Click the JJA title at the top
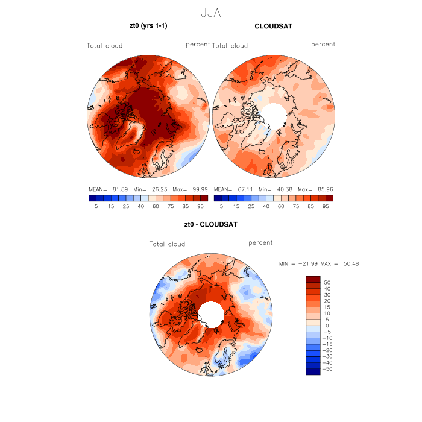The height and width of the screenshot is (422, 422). click(211, 11)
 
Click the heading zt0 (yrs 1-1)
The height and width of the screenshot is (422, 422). click(150, 26)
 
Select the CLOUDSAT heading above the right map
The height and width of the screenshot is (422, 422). click(274, 26)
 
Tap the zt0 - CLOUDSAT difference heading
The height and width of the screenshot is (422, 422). click(211, 224)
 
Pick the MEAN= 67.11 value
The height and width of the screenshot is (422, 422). click(232, 189)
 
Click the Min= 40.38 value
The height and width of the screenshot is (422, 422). click(271, 189)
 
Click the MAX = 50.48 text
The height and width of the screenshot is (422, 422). click(342, 264)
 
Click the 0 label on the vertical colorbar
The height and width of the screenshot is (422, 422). click(326, 326)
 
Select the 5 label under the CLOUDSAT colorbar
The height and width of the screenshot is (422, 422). click(221, 206)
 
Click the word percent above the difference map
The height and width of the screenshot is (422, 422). click(260, 242)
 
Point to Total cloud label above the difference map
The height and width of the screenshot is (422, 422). click(167, 244)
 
